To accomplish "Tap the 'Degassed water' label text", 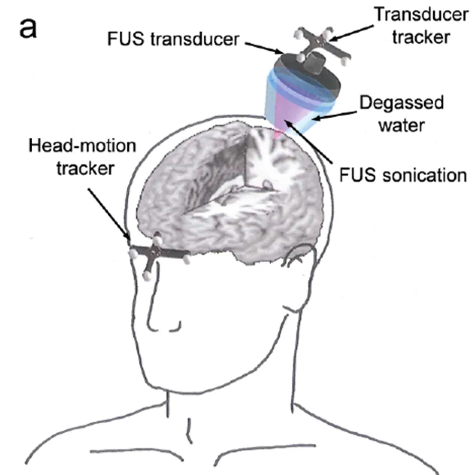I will [401, 113].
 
